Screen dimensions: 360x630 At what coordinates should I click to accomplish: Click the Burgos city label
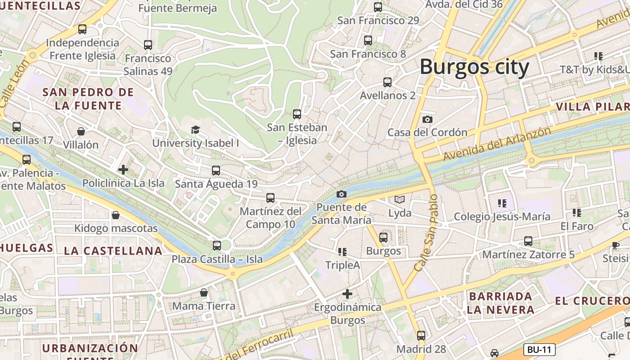point(474,67)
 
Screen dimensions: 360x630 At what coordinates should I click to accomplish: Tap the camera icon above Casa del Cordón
point(427,119)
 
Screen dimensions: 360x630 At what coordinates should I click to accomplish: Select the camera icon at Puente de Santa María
point(342,194)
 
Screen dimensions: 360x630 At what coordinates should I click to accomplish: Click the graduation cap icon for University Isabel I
point(195,130)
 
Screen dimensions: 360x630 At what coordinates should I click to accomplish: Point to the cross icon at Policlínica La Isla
point(123,170)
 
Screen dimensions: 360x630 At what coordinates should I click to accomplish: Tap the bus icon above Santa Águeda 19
point(216,171)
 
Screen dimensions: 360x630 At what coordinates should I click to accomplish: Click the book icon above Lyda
point(400,199)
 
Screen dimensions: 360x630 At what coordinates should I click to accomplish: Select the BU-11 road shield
point(540,350)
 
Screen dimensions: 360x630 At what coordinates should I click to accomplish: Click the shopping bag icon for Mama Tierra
point(204,293)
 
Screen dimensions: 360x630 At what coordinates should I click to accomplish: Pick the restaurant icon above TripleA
point(342,252)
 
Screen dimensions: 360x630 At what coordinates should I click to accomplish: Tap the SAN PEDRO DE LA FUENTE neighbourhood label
point(88,99)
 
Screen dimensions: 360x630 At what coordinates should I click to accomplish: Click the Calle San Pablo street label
point(426,233)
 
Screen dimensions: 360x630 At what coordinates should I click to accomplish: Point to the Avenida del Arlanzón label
point(497,144)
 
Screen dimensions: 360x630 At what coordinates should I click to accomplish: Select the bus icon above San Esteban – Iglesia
point(297,114)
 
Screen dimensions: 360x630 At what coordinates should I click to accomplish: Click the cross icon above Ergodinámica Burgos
point(347,294)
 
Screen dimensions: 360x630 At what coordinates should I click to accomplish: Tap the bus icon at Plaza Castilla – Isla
point(217,246)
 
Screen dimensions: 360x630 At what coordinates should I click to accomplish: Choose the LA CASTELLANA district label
point(113,251)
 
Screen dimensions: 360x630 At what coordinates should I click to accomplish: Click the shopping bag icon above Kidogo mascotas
point(116,215)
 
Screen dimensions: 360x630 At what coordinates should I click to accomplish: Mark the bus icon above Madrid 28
point(421,335)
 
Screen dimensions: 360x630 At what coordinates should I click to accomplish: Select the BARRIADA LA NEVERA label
point(500,303)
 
